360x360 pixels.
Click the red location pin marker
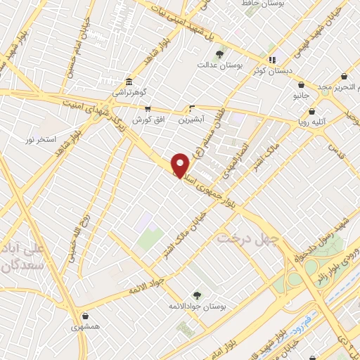[180, 165]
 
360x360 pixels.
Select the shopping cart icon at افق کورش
[148, 109]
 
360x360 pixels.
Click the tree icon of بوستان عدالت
[220, 53]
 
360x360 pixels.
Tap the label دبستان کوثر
[273, 70]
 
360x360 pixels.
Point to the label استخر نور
[40, 141]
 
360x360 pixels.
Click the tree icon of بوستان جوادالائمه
[197, 296]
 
